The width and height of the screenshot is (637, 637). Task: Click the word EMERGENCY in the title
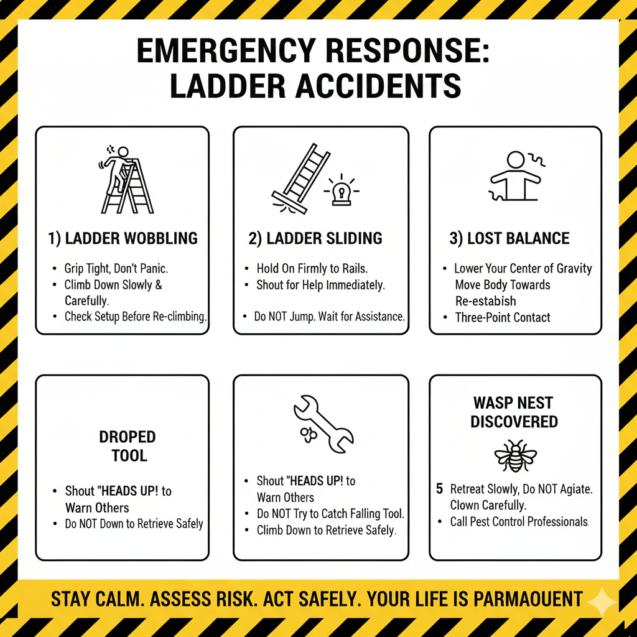tap(226, 50)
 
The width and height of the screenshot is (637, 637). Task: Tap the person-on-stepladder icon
tap(126, 180)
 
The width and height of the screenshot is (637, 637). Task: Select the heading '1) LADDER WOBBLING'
tap(123, 238)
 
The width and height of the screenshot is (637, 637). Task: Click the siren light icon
tap(342, 191)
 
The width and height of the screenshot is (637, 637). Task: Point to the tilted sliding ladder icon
tap(300, 179)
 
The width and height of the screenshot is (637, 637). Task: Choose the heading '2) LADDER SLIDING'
tap(315, 238)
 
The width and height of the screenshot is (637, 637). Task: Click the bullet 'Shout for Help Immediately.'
tap(320, 285)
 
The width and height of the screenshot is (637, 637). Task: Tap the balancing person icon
tap(516, 177)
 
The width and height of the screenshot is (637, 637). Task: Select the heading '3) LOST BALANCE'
tap(509, 238)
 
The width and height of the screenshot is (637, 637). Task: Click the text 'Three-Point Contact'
tap(503, 317)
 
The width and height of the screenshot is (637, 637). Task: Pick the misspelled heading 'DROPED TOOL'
tap(128, 446)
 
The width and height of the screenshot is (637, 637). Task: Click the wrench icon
tap(323, 424)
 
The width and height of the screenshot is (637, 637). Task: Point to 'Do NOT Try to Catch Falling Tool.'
tap(330, 514)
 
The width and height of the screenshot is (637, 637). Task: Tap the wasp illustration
tap(516, 456)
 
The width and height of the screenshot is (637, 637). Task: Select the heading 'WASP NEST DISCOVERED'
tap(514, 412)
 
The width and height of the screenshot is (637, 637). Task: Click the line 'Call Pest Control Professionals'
tap(519, 522)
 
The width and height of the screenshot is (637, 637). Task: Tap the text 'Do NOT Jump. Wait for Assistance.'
tap(330, 316)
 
